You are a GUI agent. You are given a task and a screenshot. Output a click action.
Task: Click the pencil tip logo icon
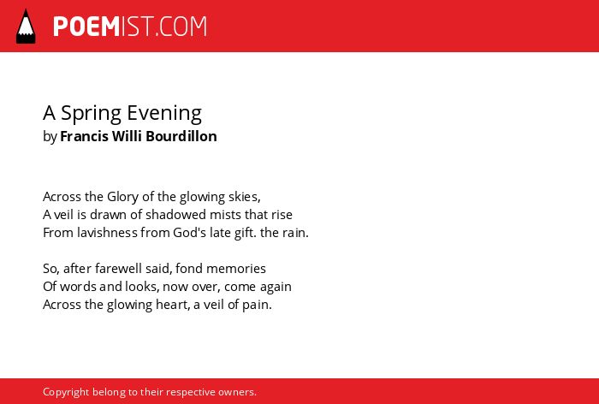pyautogui.click(x=26, y=26)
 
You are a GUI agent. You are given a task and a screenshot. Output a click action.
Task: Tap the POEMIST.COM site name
pyautogui.click(x=130, y=27)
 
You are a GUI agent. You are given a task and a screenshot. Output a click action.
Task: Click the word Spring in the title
pyautogui.click(x=91, y=114)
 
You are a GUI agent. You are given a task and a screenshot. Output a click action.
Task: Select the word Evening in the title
pyautogui.click(x=164, y=114)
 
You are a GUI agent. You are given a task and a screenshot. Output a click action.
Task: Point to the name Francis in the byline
pyautogui.click(x=84, y=136)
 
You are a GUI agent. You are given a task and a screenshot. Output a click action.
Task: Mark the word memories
pyautogui.click(x=236, y=268)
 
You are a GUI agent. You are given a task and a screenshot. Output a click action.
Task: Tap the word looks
pyautogui.click(x=143, y=287)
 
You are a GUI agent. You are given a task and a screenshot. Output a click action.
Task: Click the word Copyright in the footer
pyautogui.click(x=66, y=392)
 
